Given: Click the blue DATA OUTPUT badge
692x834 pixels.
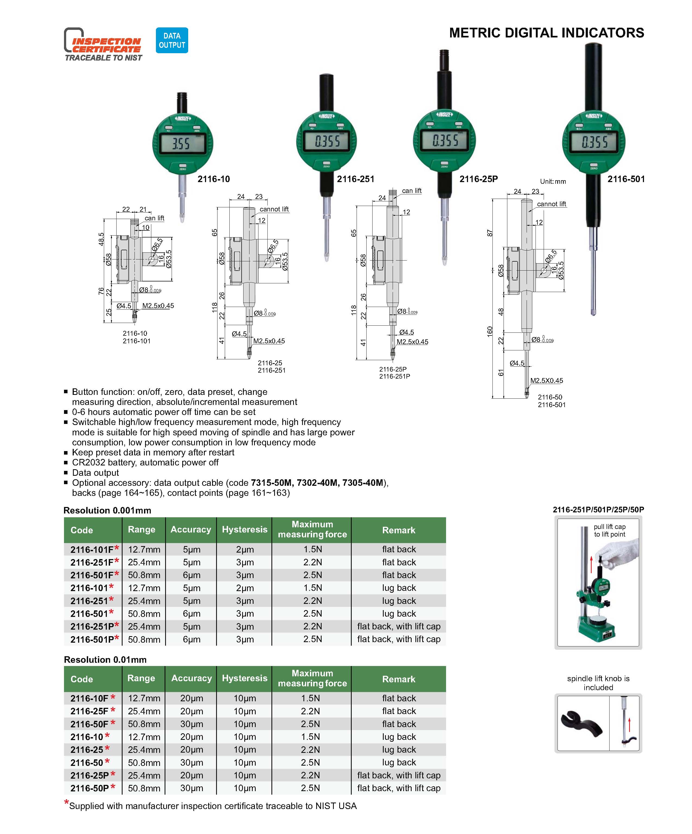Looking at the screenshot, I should (x=172, y=40).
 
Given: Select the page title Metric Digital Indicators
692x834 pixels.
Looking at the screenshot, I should (x=546, y=33).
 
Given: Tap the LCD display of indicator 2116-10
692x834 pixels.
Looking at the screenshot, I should (x=182, y=143).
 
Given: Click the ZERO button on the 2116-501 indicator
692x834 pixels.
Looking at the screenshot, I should (x=594, y=165).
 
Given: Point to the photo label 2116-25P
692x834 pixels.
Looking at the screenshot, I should (x=479, y=179).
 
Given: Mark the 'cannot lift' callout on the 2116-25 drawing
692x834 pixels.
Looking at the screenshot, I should (x=274, y=209).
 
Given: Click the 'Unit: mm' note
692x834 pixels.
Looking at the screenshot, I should (x=553, y=182).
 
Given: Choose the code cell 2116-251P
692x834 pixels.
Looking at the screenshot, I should (x=92, y=626).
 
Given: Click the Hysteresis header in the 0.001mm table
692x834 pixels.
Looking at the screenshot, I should (x=244, y=529).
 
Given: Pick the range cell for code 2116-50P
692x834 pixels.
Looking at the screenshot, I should (x=144, y=788).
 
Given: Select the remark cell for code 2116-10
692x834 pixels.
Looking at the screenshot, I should (x=399, y=737).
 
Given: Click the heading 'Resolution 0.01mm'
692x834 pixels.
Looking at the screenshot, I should (x=105, y=660).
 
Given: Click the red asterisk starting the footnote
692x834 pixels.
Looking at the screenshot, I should (x=66, y=802).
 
